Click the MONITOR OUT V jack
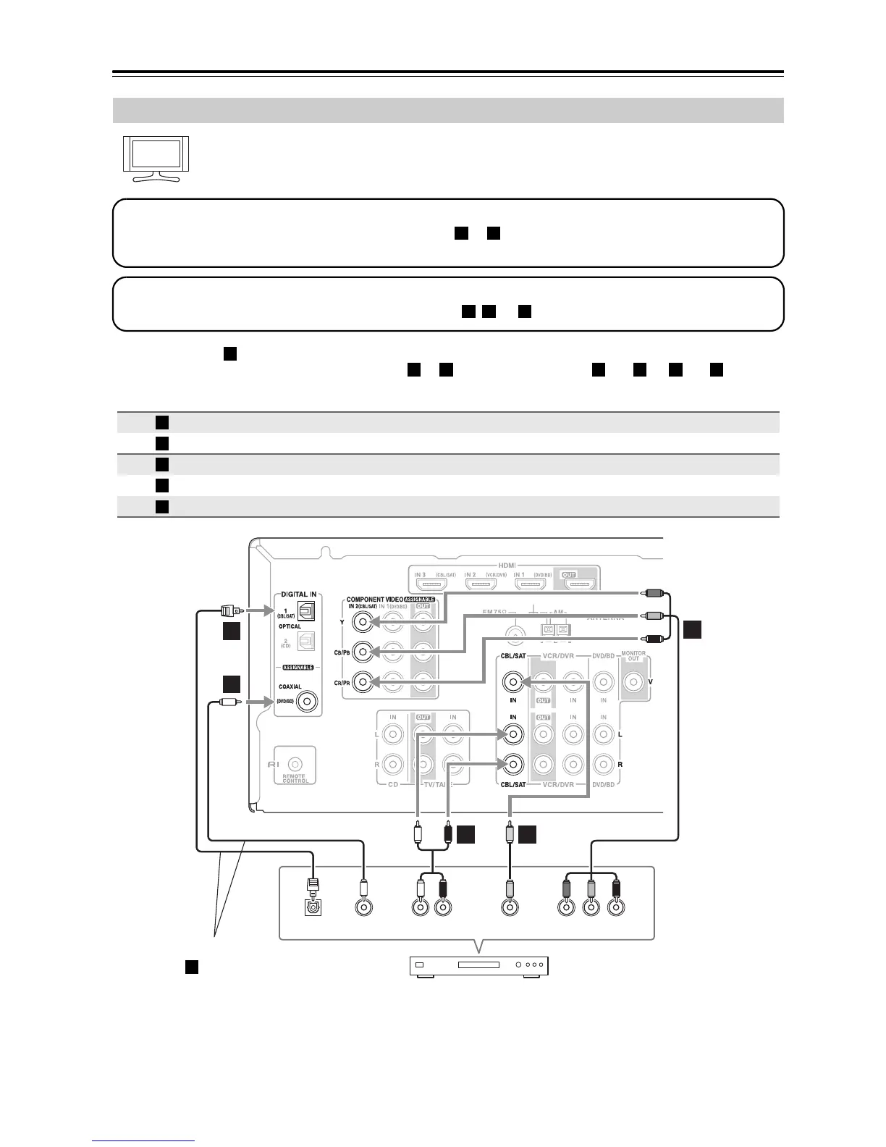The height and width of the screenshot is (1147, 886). tap(633, 681)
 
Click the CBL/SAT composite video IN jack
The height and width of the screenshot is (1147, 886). tap(513, 681)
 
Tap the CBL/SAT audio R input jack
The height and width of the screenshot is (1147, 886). tap(513, 764)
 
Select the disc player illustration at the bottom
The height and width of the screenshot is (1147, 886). tap(479, 965)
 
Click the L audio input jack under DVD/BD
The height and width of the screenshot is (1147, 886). tap(603, 734)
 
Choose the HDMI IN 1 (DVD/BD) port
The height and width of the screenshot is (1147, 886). tap(528, 584)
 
